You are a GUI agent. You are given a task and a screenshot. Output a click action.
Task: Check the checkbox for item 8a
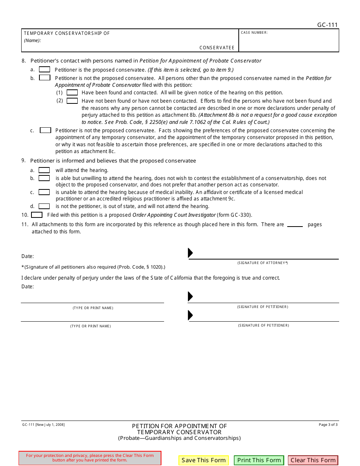pos(44,69)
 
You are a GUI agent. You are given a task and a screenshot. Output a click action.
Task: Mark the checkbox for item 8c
pos(45,130)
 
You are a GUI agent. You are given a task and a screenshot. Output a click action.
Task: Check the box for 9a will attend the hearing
pos(44,170)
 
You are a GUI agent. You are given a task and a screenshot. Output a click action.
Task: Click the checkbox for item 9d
pos(44,206)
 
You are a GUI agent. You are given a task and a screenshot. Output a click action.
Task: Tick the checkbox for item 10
pos(37,215)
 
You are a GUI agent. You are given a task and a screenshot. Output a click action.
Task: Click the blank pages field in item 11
pos(295,224)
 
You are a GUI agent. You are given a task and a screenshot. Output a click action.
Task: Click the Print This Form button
pos(259,460)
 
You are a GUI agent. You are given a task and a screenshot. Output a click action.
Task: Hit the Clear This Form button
pos(313,460)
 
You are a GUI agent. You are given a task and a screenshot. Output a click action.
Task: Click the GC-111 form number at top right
pos(327,25)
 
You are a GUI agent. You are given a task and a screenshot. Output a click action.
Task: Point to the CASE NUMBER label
pos(254,33)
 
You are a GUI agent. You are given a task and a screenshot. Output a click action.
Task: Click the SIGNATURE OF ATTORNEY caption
pos(263,263)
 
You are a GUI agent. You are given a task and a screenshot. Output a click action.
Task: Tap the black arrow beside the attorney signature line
pos(190,253)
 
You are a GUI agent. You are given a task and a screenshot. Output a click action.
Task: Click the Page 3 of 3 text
pos(328,425)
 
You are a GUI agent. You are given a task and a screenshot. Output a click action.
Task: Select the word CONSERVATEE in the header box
pos(217,48)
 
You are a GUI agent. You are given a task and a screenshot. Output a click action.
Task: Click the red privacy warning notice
pos(90,458)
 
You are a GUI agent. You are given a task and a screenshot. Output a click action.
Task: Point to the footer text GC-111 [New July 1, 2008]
pos(43,425)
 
